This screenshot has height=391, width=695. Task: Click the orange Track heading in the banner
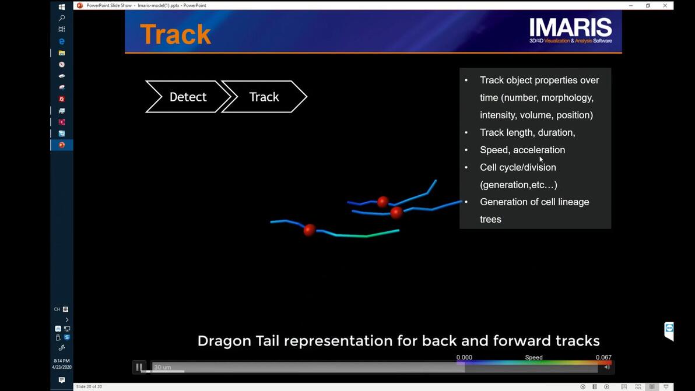pyautogui.click(x=175, y=34)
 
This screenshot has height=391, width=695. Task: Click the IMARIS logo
pyautogui.click(x=571, y=30)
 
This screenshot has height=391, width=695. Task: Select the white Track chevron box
pyautogui.click(x=264, y=97)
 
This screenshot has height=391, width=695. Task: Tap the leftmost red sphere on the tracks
pyautogui.click(x=310, y=230)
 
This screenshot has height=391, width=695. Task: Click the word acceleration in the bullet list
pyautogui.click(x=539, y=150)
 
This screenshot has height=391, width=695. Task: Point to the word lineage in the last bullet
pyautogui.click(x=572, y=202)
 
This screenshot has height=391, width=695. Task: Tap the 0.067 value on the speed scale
pyautogui.click(x=603, y=357)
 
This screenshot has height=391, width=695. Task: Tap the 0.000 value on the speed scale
pyautogui.click(x=464, y=357)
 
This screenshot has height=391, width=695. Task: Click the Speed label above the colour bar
pyautogui.click(x=533, y=357)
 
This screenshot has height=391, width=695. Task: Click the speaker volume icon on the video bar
pyautogui.click(x=607, y=367)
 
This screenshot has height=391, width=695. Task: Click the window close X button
pyautogui.click(x=665, y=5)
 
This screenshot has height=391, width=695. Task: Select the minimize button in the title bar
pyautogui.click(x=631, y=5)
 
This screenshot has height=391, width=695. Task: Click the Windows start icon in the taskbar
pyautogui.click(x=62, y=6)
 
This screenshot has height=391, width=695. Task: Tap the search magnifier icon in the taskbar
pyautogui.click(x=62, y=17)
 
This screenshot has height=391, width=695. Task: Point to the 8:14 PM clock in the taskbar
pyautogui.click(x=62, y=361)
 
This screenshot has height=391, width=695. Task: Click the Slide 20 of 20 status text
pyautogui.click(x=89, y=386)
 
